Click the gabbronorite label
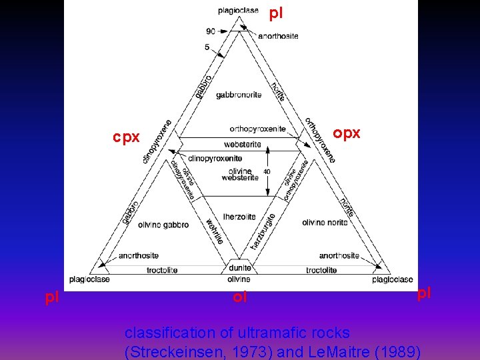tap(239, 95)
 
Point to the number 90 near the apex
tap(211, 31)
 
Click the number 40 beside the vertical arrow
tap(267, 171)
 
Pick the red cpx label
tap(126, 137)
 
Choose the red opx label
tap(347, 133)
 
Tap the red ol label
tap(239, 297)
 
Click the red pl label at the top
tap(277, 13)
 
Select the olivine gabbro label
tap(163, 225)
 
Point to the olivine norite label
tap(325, 222)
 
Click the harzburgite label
tap(263, 231)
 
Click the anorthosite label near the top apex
tap(278, 36)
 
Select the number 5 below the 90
tap(207, 47)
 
